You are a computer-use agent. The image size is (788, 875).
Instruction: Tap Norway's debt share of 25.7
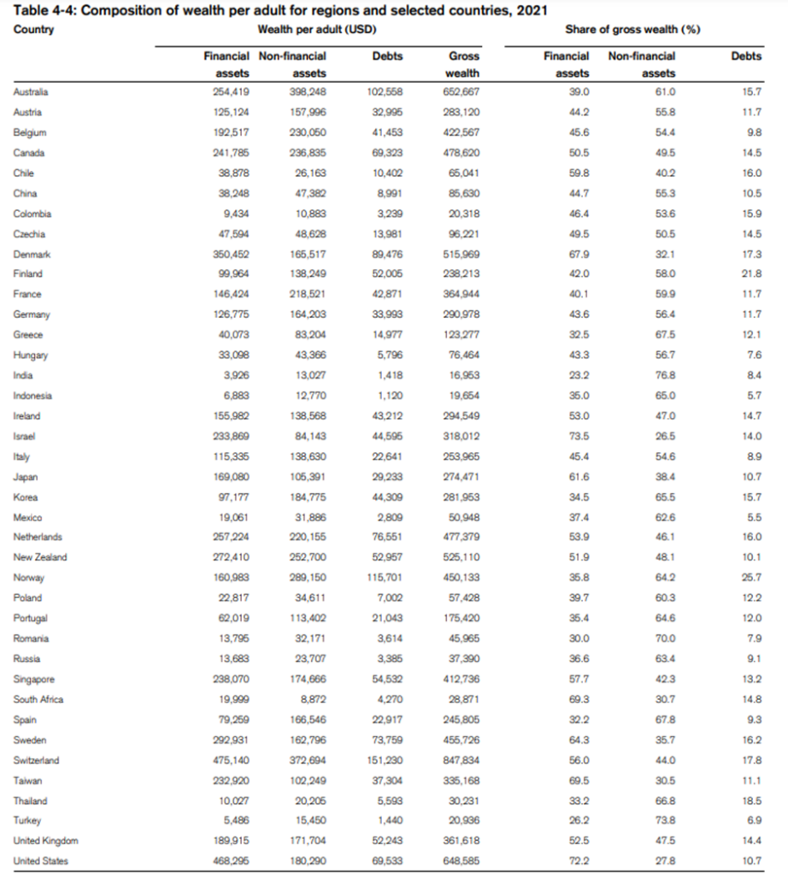752,578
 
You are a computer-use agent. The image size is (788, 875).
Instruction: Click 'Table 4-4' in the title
47,10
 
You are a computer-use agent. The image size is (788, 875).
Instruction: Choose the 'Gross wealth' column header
464,64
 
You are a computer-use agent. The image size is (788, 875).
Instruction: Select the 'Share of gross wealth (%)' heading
632,30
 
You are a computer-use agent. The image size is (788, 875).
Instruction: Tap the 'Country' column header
34,30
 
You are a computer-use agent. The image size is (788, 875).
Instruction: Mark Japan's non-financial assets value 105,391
308,477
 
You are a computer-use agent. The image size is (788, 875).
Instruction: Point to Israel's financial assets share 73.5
579,436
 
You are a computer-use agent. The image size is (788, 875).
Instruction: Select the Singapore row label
34,679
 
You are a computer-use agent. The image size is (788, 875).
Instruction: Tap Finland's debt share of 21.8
752,274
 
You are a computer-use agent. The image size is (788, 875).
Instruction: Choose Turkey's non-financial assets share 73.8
664,821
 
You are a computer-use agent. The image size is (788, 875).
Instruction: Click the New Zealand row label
39,558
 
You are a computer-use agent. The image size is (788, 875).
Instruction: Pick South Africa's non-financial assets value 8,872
311,700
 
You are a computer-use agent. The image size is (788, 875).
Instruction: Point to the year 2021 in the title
532,10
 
